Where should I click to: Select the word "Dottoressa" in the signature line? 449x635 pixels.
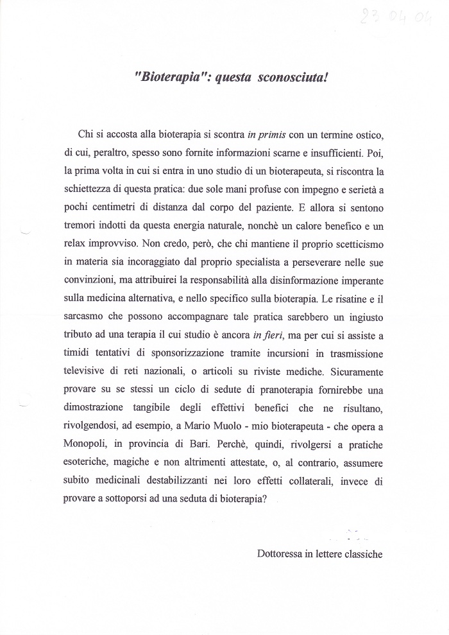click(278, 552)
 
